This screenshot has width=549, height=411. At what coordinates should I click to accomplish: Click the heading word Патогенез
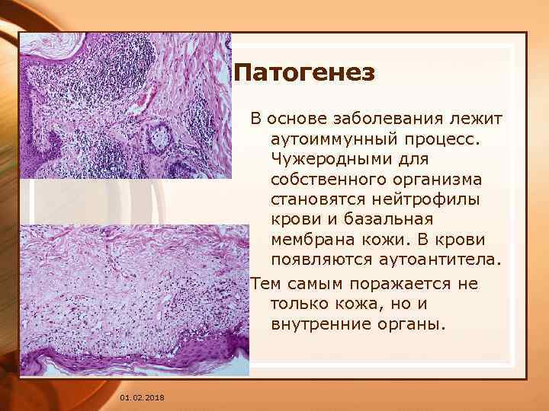304,74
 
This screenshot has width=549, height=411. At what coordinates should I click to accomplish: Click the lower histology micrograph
134,300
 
